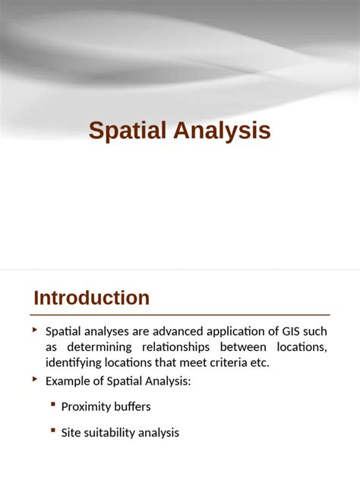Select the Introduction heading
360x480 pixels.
(x=91, y=298)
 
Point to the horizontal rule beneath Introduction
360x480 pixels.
(x=182, y=314)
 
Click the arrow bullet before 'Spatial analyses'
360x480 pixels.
(x=35, y=330)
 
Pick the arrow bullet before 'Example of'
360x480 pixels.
(x=35, y=379)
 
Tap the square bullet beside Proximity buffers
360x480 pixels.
(x=53, y=404)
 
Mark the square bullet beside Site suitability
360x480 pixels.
(x=53, y=431)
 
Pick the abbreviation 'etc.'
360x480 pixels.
(x=259, y=362)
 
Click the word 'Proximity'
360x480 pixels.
(x=87, y=406)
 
